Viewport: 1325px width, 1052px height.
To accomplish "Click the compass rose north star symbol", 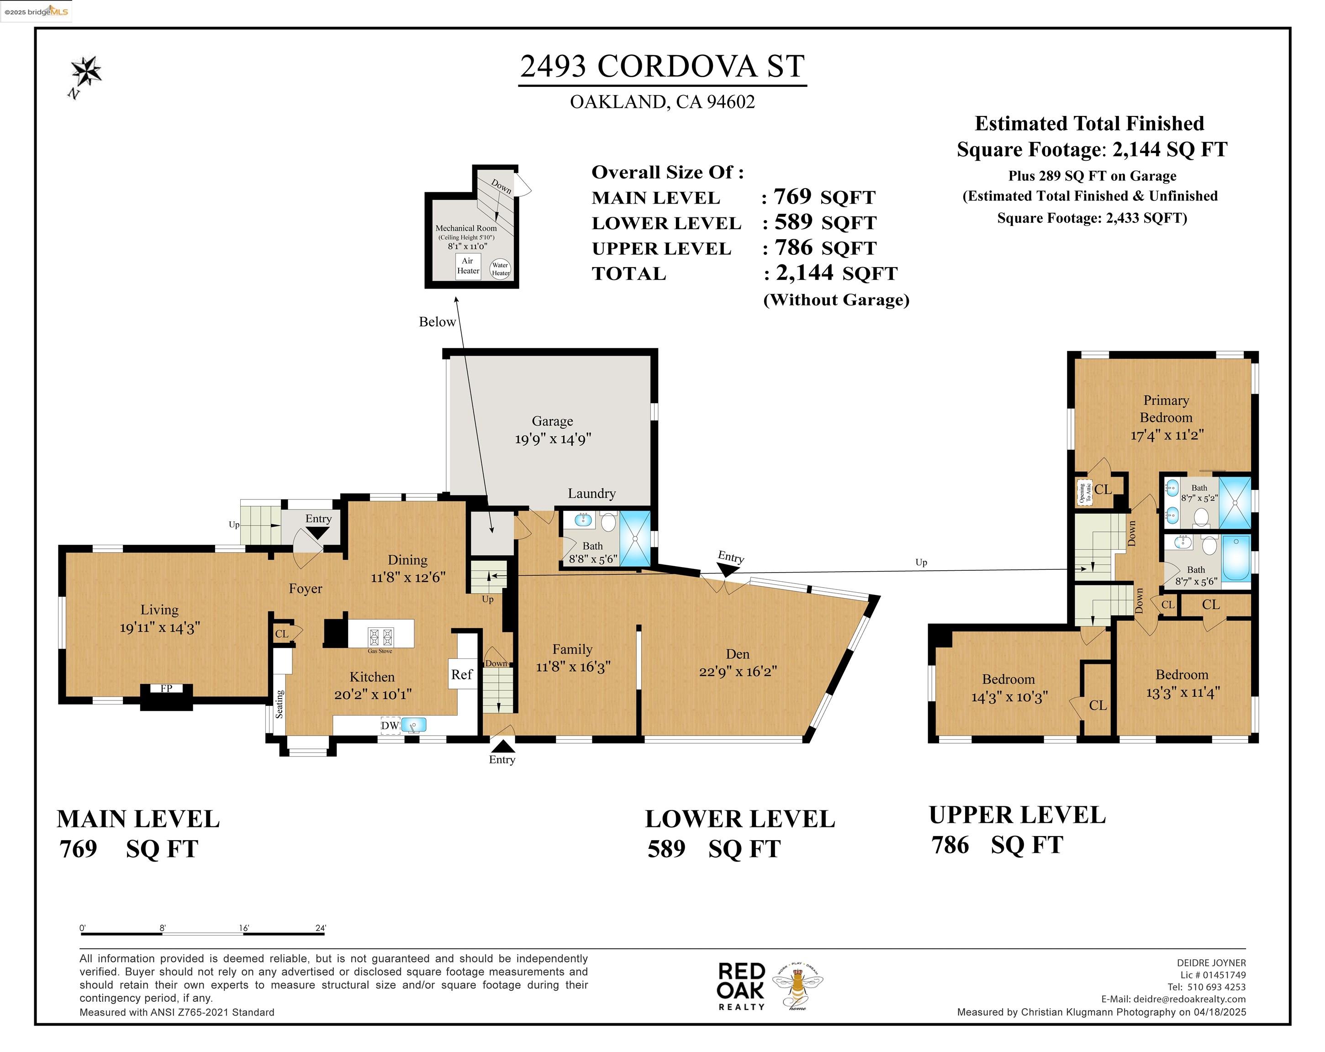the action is [x=86, y=72].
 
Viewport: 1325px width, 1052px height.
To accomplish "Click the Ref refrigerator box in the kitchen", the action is [x=462, y=674].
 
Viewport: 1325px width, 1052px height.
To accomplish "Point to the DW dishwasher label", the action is [x=390, y=725].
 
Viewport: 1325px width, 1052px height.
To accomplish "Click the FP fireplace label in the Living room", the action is [x=166, y=688].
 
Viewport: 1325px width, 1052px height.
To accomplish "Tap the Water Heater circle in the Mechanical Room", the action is [x=500, y=269].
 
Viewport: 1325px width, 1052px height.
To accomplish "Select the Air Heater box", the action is [x=468, y=266].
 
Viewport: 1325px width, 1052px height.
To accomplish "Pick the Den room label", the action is [x=738, y=654].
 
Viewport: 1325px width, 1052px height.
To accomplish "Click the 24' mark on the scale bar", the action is [x=321, y=928].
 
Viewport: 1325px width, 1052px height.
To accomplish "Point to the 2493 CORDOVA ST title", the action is [x=662, y=66].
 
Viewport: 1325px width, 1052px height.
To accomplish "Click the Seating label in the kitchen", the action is [x=280, y=704].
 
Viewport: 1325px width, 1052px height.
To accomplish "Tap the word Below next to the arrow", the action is [x=437, y=321].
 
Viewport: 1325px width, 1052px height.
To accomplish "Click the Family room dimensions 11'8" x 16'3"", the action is [x=573, y=667].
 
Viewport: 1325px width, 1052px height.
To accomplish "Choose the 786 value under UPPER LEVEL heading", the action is [x=950, y=845].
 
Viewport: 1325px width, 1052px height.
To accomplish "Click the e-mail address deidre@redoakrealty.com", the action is [x=1190, y=999].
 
